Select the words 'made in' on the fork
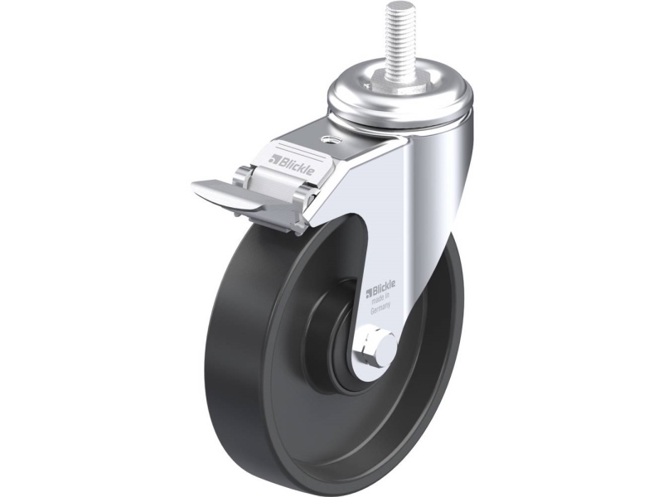tap(380, 302)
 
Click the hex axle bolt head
tap(371, 344)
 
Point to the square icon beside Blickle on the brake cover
tap(275, 159)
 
